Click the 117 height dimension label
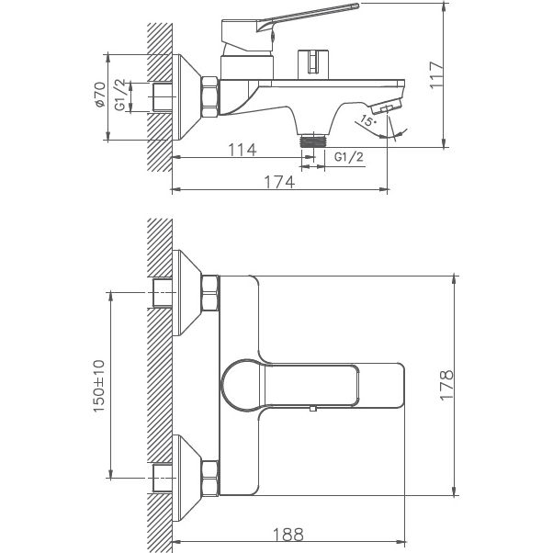click(x=437, y=73)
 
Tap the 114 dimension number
click(x=242, y=150)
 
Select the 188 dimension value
click(x=287, y=533)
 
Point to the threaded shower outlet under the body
click(x=315, y=141)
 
